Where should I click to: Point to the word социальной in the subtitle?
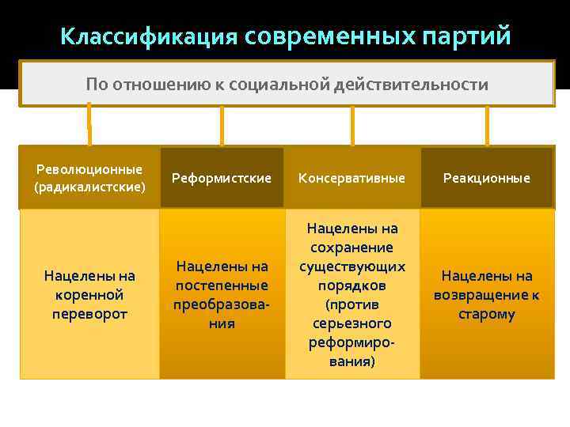pos(311,84)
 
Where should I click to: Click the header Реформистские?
pos(222,178)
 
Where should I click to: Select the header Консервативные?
pos(351,178)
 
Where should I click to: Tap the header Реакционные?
pos(487,178)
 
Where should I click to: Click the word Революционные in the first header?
pos(89,169)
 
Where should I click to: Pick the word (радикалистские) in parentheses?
pos(89,187)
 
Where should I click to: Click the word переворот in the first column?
pos(89,314)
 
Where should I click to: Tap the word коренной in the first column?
pos(89,295)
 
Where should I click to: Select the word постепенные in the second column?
pos(222,285)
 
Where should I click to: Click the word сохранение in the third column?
pos(351,248)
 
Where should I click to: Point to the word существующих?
pos(351,266)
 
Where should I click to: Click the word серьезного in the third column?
pos(351,323)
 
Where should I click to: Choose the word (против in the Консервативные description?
pos(351,304)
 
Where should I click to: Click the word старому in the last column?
pos(487,314)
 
